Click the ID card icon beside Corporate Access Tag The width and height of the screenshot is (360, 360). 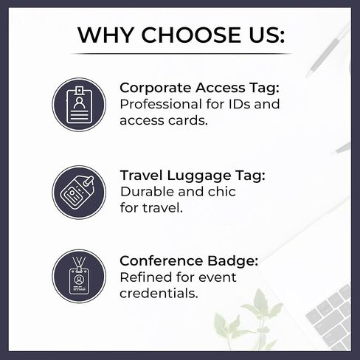79,105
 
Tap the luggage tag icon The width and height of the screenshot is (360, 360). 79,193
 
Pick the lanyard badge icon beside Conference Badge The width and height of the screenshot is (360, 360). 79,276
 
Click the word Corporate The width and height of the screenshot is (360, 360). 156,89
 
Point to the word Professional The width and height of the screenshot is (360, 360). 161,104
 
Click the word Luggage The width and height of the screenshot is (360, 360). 199,176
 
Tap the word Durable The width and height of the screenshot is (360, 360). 147,192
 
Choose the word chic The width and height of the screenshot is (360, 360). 222,192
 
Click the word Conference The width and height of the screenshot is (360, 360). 161,260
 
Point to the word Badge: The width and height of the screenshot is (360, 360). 233,260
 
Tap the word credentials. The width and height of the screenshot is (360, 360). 159,294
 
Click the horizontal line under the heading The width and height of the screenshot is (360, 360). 181,53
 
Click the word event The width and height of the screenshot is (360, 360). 218,277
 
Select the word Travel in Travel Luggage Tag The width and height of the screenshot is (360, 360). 142,176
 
